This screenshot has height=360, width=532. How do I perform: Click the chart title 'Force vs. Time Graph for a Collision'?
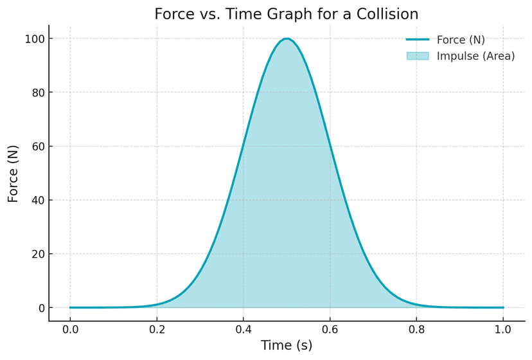287,14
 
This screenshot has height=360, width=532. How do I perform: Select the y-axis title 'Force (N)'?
13,174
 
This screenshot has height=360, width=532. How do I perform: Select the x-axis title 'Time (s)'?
287,345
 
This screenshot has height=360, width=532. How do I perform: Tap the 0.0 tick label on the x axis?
70,329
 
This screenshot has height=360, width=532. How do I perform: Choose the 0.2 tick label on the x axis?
157,329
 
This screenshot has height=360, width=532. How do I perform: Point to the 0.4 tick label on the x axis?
243,329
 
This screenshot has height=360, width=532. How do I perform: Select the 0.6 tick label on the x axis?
330,329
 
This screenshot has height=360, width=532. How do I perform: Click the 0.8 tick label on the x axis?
416,329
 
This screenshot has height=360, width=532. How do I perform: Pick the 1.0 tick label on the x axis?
503,329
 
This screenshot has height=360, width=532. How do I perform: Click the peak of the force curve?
287,39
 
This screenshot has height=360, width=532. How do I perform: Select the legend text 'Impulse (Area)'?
475,56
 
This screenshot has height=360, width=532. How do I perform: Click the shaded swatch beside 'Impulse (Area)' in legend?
417,56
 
